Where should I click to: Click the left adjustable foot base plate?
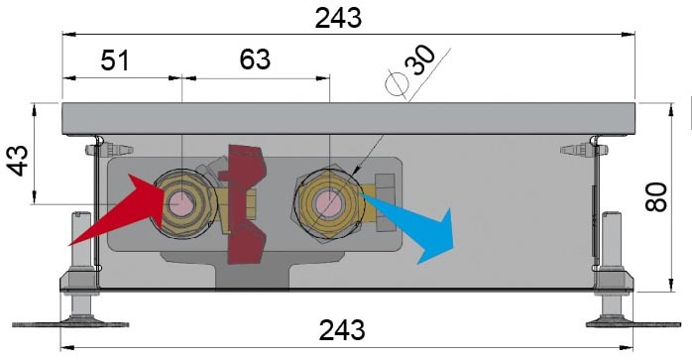click(x=81, y=321)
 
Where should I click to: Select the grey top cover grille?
click(x=347, y=118)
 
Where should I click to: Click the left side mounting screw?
click(x=96, y=151)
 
